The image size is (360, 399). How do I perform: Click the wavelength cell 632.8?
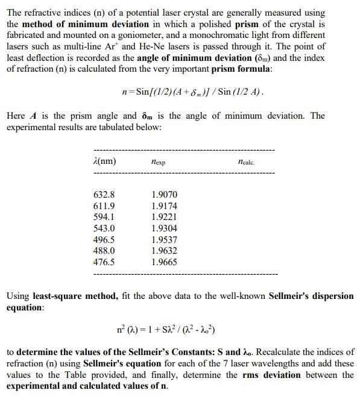point(104,195)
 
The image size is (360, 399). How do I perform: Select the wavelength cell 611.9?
point(104,206)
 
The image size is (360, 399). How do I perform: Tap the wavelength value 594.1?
point(104,217)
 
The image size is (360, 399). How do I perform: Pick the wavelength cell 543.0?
point(104,228)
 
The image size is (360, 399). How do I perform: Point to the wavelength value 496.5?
point(104,240)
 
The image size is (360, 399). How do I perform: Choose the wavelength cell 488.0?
point(104,251)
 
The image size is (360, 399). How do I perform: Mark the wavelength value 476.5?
point(104,262)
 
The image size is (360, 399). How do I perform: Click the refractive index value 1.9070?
point(165,195)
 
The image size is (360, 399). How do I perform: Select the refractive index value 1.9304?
point(165,228)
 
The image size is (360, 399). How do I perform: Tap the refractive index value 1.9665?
point(165,262)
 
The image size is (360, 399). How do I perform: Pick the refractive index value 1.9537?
point(165,240)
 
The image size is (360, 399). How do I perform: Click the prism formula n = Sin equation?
point(192,93)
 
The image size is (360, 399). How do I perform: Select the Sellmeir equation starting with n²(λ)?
point(166,331)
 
